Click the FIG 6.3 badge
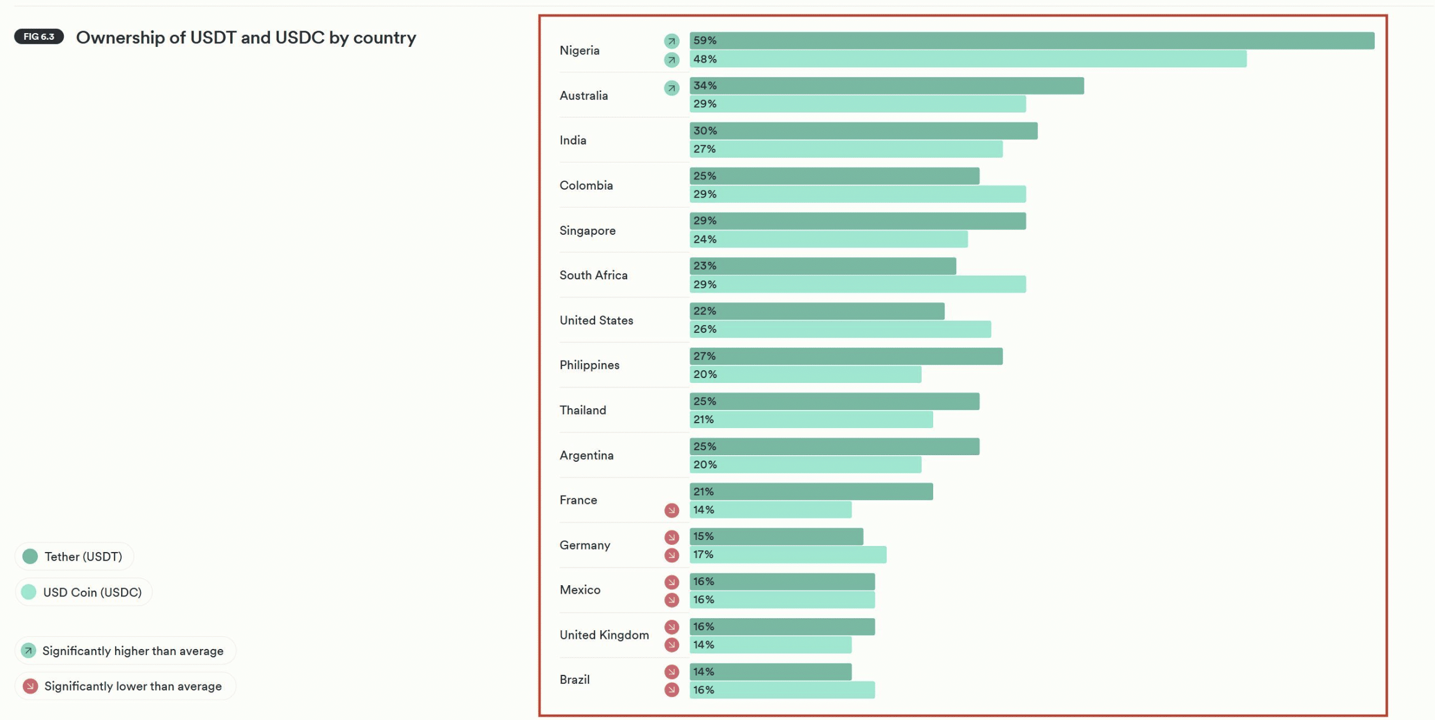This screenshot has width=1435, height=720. click(x=39, y=37)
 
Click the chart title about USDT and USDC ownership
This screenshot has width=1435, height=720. click(x=246, y=37)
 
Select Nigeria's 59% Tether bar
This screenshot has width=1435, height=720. click(x=1031, y=40)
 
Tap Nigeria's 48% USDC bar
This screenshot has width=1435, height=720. click(x=968, y=59)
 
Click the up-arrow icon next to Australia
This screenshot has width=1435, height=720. click(x=671, y=88)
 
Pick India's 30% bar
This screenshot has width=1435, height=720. click(x=863, y=131)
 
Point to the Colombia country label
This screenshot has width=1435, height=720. click(x=586, y=185)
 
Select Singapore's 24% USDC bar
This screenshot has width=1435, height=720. click(x=828, y=239)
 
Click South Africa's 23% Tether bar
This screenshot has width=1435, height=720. click(x=822, y=265)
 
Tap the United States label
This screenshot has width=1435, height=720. click(x=596, y=320)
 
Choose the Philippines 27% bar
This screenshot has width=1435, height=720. click(x=846, y=356)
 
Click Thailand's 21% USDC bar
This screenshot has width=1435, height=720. click(x=811, y=419)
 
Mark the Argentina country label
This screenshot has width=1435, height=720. click(x=586, y=455)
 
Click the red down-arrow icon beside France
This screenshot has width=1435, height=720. click(x=671, y=511)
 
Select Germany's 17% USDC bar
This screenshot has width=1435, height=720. click(x=787, y=554)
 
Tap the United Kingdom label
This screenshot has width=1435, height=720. click(x=604, y=635)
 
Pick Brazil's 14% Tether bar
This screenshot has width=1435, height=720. click(x=771, y=671)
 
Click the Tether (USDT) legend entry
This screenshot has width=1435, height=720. click(x=73, y=556)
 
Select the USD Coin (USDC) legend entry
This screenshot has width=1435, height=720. click(x=83, y=592)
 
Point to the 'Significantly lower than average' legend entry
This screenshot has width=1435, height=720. click(x=123, y=686)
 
